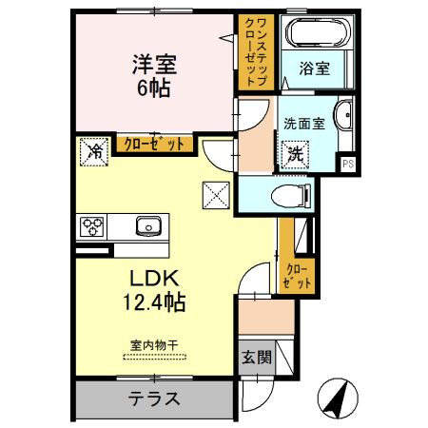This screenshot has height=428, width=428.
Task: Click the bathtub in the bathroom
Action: (318, 35)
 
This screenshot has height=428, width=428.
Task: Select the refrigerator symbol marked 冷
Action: (95, 149)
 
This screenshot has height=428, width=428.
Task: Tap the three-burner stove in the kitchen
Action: (93, 226)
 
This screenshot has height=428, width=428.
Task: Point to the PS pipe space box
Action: (348, 164)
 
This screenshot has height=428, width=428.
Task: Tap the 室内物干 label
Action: (154, 346)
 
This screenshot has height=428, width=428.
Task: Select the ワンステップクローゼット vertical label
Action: (256, 52)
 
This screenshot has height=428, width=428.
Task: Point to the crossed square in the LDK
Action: (214, 197)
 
